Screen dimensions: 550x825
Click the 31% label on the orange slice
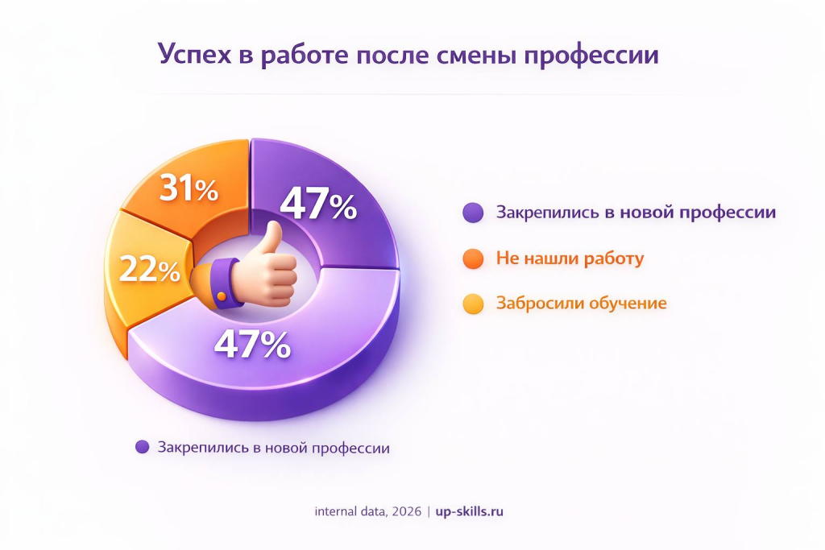click(x=189, y=191)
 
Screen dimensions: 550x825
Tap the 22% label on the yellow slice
click(x=150, y=270)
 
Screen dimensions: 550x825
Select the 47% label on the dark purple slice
click(x=319, y=205)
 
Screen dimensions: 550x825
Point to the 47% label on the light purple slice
click(x=252, y=345)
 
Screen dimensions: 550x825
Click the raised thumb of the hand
click(x=272, y=238)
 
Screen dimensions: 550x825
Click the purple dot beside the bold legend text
click(x=474, y=213)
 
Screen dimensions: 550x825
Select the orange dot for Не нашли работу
click(x=474, y=258)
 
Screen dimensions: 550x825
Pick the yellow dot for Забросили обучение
click(x=474, y=304)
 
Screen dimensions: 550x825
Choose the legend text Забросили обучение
click(x=581, y=304)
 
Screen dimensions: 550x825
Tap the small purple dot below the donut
click(x=143, y=448)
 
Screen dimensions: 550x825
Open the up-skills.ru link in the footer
click(x=469, y=511)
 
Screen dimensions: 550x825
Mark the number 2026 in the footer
click(x=404, y=511)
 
